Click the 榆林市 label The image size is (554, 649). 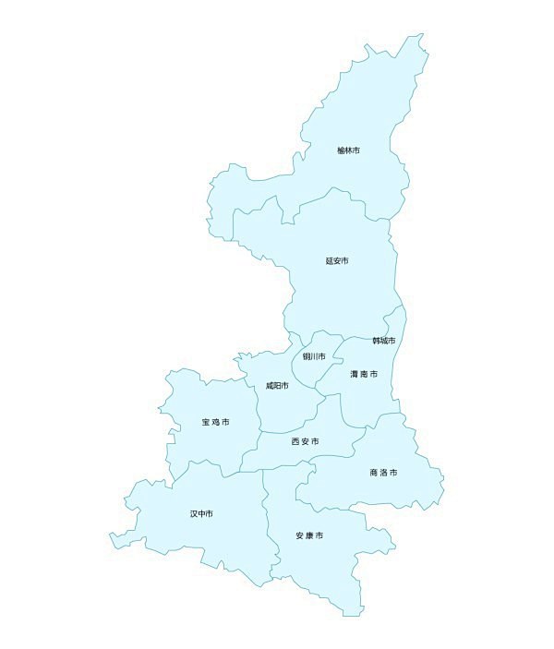pyautogui.click(x=348, y=150)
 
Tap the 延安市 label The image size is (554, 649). pyautogui.click(x=337, y=261)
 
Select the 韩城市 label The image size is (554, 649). pyautogui.click(x=384, y=341)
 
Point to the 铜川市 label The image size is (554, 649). pyautogui.click(x=314, y=356)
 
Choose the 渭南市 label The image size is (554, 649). pyautogui.click(x=364, y=374)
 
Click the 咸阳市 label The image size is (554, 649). pyautogui.click(x=277, y=385)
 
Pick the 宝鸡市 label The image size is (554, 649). pyautogui.click(x=215, y=422)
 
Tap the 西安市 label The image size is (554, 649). pyautogui.click(x=306, y=442)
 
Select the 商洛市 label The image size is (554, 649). pyautogui.click(x=383, y=473)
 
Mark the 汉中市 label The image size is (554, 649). pyautogui.click(x=201, y=513)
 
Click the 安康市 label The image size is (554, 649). pyautogui.click(x=309, y=535)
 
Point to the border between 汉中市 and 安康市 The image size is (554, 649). pyautogui.click(x=268, y=517)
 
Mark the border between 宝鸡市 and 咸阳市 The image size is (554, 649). pyautogui.click(x=256, y=406)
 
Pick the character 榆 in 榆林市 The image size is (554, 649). pyautogui.click(x=341, y=150)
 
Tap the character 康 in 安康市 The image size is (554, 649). pyautogui.click(x=309, y=535)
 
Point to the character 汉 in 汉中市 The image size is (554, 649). pyautogui.click(x=194, y=513)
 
